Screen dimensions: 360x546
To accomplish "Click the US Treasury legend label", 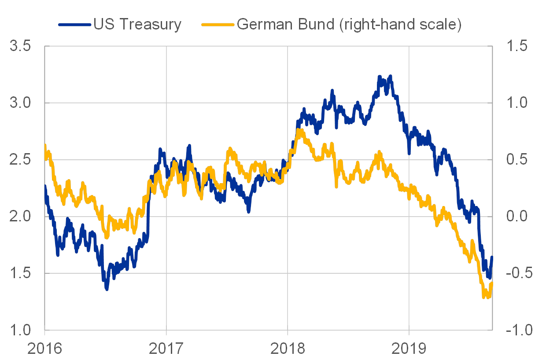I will [x=137, y=25].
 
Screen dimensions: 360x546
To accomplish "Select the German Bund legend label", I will [x=349, y=25].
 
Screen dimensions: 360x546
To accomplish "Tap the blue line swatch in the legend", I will [x=74, y=25].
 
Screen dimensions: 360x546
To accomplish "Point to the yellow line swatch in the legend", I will [x=218, y=25].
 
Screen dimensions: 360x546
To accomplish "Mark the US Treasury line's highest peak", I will [x=380, y=76].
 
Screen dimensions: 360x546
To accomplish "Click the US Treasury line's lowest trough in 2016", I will [x=107, y=289].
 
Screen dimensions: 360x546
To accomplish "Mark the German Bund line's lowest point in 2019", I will [x=484, y=298].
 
